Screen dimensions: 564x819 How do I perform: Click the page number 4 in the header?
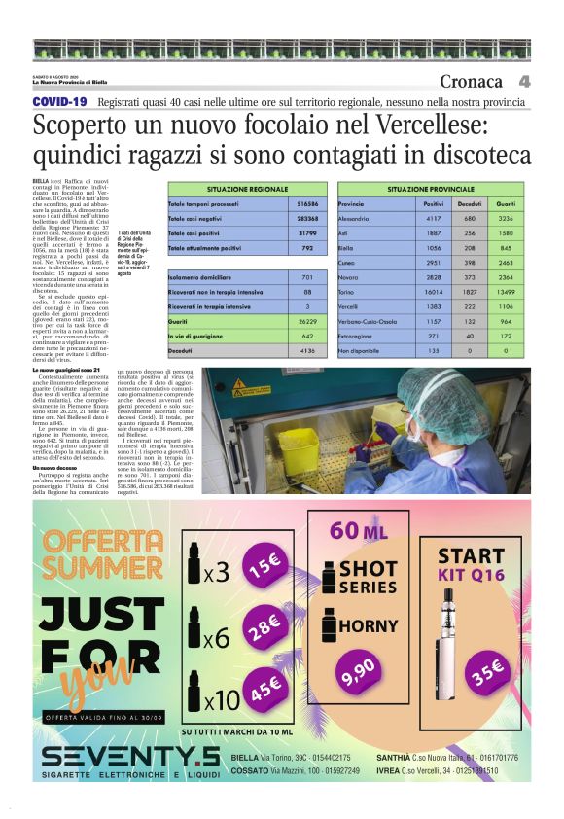point(524,82)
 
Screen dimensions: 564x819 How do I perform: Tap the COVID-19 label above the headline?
point(59,101)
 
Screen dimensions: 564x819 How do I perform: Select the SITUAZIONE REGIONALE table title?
point(249,188)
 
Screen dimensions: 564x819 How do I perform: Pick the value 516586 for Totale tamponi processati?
point(308,205)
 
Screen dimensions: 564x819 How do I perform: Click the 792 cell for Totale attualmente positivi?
point(308,249)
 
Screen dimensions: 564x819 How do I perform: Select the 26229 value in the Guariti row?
point(308,320)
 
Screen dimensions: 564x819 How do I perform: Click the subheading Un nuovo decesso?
point(56,494)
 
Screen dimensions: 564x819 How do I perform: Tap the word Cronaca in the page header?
point(472,82)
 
